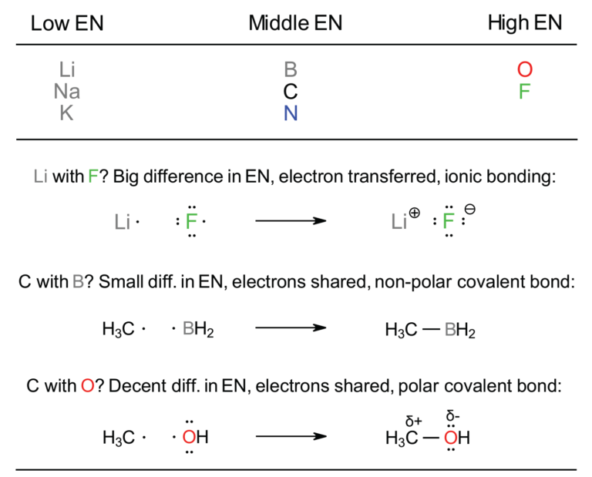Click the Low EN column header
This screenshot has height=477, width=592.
click(x=66, y=24)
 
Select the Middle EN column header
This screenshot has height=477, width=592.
click(x=295, y=24)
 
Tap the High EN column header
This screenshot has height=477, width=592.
click(x=525, y=23)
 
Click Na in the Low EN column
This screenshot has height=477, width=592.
click(x=67, y=91)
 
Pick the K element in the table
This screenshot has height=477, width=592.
click(x=67, y=113)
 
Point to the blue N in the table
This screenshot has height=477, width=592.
click(x=291, y=113)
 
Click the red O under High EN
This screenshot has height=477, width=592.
click(x=525, y=69)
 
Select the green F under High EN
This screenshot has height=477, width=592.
click(x=525, y=91)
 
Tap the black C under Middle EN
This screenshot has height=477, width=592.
click(x=291, y=91)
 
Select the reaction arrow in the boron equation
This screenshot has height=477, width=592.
click(x=291, y=329)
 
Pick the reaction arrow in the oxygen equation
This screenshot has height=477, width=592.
click(x=291, y=438)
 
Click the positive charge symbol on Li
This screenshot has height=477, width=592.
click(x=415, y=215)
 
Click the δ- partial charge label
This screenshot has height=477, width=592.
click(x=454, y=416)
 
